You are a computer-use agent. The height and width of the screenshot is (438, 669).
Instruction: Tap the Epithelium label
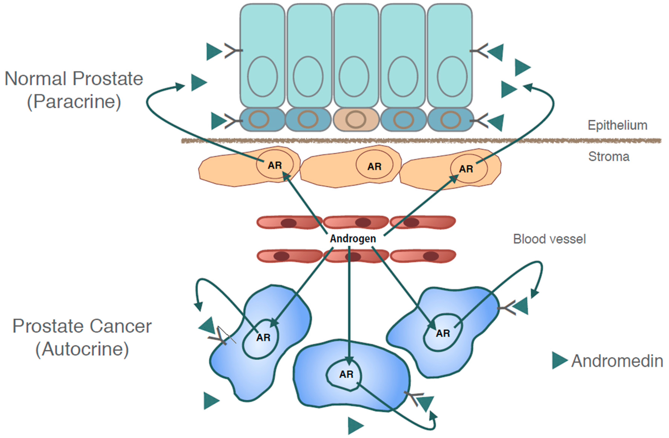[617, 125]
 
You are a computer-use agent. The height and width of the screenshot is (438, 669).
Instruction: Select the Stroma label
[609, 156]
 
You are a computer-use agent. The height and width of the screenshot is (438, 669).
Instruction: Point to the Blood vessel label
[549, 239]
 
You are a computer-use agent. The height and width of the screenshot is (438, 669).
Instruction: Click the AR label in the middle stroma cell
[374, 167]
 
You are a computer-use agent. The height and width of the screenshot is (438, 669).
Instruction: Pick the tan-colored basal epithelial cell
[356, 119]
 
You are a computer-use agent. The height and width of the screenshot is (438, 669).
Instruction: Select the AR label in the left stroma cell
[275, 165]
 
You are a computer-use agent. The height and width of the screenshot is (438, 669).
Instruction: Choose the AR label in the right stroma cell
[466, 169]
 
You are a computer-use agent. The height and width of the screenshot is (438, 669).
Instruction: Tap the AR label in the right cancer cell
[443, 333]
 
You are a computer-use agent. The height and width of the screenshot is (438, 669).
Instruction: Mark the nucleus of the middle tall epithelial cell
[354, 77]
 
